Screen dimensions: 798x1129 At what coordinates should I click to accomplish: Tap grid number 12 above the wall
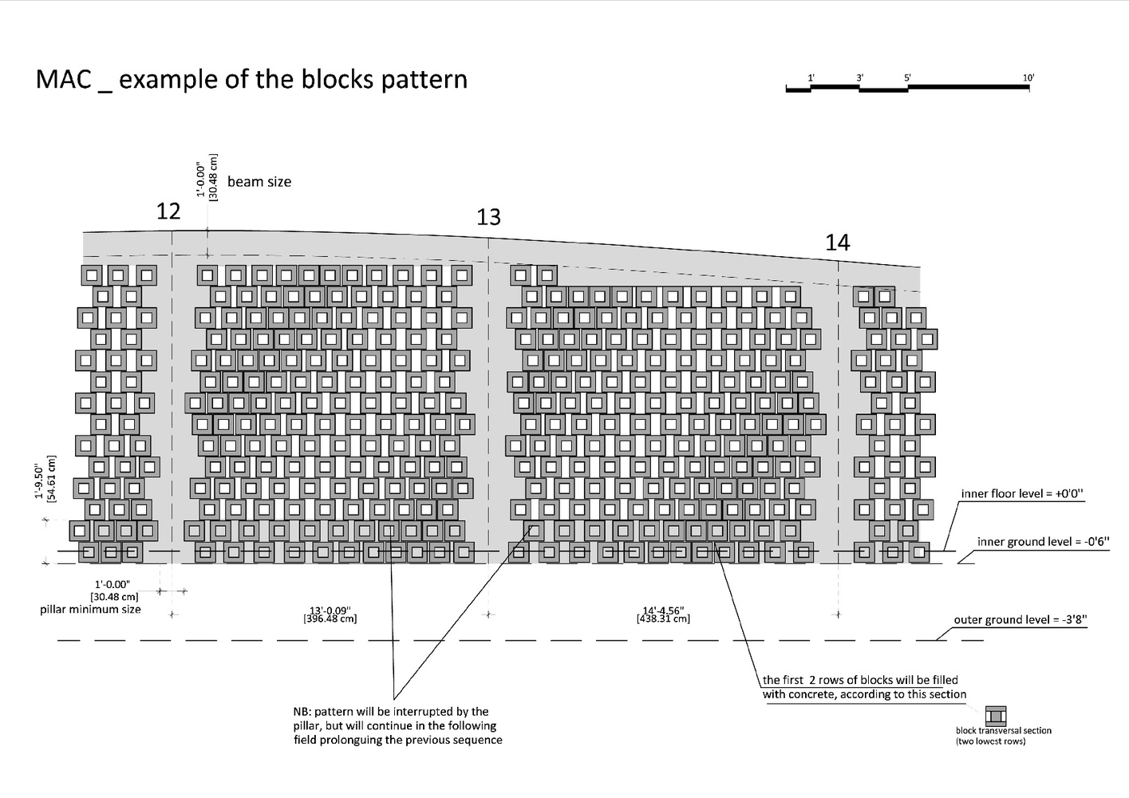coord(168,211)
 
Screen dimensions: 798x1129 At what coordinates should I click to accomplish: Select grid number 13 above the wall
coord(488,217)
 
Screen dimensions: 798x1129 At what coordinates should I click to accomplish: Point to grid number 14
coord(837,243)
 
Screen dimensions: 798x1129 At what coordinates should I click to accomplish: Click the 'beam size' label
coord(259,182)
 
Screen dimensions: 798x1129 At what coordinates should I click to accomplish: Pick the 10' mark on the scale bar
coord(1028,77)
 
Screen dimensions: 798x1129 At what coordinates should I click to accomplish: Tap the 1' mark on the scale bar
coord(811,77)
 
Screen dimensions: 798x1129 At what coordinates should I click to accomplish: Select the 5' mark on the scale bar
coord(908,77)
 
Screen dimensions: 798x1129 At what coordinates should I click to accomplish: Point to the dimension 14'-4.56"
coord(663,610)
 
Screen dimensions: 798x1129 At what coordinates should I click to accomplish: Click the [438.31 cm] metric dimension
coord(663,619)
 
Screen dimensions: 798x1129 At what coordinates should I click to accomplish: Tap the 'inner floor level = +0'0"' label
coord(1021,494)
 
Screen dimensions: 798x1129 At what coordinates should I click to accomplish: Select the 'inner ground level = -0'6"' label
coord(1042,542)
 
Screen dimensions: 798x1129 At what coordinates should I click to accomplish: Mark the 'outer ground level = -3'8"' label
coord(1020,619)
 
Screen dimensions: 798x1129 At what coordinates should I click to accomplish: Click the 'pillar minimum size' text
coord(90,610)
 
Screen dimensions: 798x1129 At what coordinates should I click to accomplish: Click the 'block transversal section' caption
coord(1003,730)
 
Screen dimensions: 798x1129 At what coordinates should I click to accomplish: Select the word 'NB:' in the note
coord(305,711)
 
